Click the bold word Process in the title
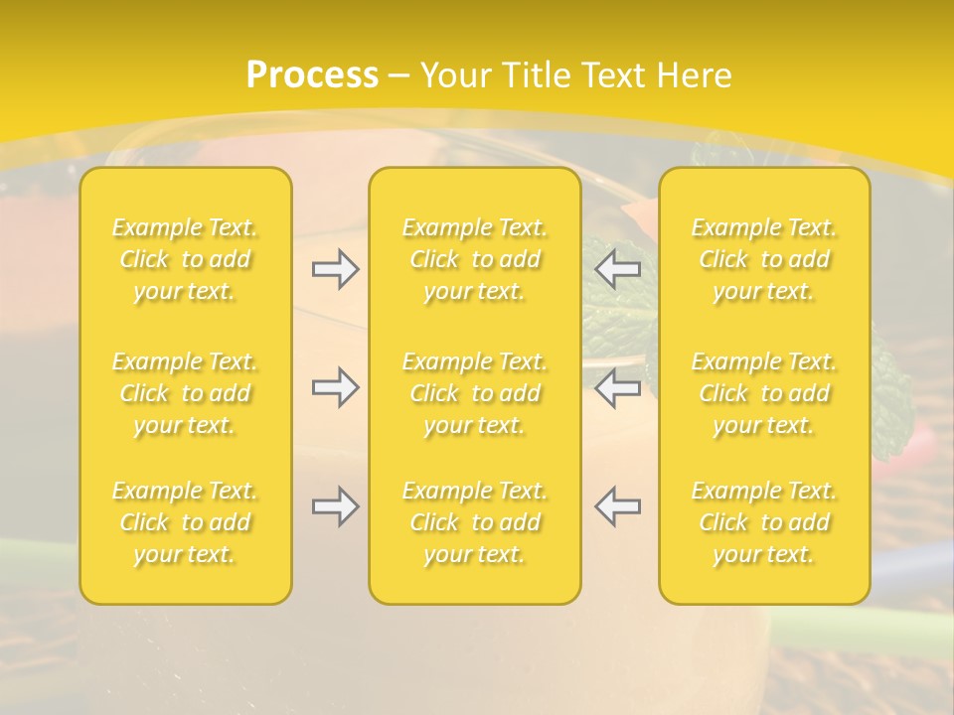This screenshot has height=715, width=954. tap(312, 75)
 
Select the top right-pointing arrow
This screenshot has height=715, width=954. tap(335, 269)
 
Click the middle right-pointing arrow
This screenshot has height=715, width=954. tap(335, 387)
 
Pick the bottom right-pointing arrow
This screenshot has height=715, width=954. tap(335, 506)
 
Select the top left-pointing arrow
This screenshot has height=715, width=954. tap(618, 269)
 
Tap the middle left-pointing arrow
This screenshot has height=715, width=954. tap(618, 387)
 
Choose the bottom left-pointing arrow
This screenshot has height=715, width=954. tap(618, 506)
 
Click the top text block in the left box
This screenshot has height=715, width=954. tap(185, 259)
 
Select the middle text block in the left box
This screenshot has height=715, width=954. tap(185, 393)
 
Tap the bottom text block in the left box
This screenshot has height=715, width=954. tap(185, 522)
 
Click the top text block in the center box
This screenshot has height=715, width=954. tap(475, 259)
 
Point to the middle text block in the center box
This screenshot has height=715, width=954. tap(475, 393)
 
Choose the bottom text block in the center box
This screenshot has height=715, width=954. tap(475, 522)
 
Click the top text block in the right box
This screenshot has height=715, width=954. tap(764, 259)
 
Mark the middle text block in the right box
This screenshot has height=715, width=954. tap(764, 393)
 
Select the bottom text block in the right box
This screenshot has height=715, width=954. tap(764, 522)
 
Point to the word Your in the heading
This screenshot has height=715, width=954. tap(455, 75)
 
